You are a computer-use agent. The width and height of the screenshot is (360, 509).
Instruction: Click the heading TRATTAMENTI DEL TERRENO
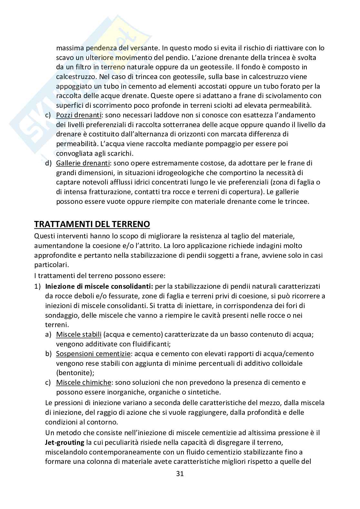[92, 224]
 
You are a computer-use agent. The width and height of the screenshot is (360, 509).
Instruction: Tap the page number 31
[180, 474]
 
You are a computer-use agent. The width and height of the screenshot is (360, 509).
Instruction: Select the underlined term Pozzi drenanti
[79, 115]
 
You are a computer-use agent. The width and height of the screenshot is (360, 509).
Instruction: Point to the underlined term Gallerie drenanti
[83, 163]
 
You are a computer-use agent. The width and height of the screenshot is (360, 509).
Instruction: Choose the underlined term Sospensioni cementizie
[93, 354]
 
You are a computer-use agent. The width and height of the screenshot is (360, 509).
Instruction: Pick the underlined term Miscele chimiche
[83, 383]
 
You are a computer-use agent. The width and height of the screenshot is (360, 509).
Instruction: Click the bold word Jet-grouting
[65, 443]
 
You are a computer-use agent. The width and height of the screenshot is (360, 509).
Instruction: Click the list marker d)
[48, 163]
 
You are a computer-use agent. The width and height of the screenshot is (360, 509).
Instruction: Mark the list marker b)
[48, 354]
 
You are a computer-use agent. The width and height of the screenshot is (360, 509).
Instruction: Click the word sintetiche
[203, 392]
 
